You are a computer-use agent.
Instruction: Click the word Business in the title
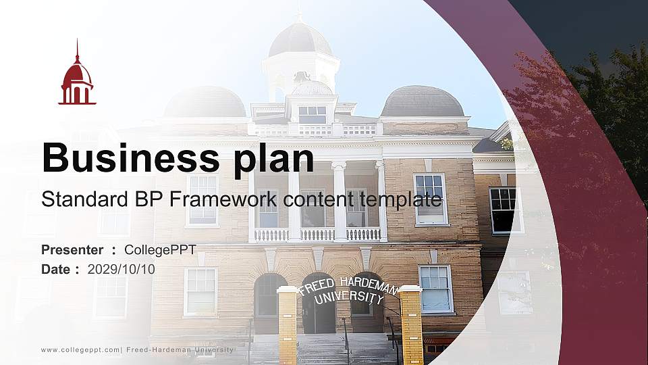(127, 158)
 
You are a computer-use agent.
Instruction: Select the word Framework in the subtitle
(227, 199)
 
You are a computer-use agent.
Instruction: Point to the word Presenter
(72, 250)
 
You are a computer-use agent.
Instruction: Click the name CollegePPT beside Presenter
(160, 250)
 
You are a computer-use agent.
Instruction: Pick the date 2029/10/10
(121, 269)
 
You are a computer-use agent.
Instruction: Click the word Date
(55, 269)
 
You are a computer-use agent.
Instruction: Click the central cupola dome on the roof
(300, 41)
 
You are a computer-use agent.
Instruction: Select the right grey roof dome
(423, 101)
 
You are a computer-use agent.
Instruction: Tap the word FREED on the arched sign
(316, 285)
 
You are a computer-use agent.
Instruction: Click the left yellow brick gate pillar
(288, 324)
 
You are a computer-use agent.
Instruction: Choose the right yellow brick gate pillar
(411, 324)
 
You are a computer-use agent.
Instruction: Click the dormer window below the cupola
(312, 114)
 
